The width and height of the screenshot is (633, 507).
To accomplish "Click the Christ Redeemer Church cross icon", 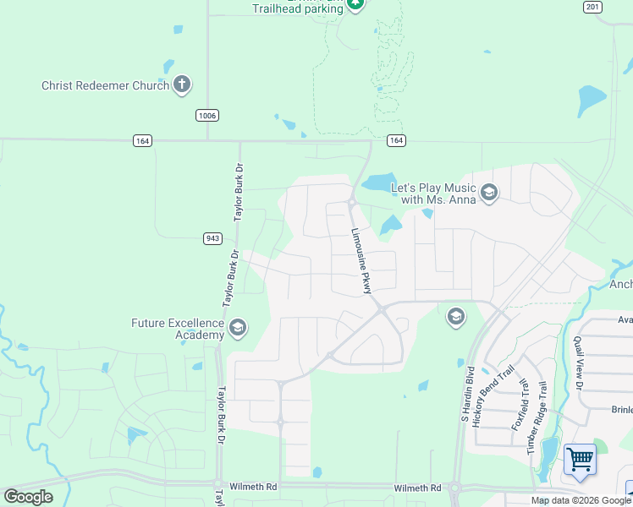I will [x=182, y=84].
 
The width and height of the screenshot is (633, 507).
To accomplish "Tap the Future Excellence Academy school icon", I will [x=238, y=329].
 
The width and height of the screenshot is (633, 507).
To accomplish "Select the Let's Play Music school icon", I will [x=488, y=194].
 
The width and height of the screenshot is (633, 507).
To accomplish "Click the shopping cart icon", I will [x=581, y=461].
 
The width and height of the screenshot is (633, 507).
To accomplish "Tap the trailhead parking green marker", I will [x=356, y=5].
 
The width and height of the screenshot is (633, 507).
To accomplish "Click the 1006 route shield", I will [x=206, y=115].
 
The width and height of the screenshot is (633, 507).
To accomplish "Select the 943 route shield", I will [x=212, y=238].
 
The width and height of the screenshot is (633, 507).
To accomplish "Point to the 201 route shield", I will [x=592, y=7].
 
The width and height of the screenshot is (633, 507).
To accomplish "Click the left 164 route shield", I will [x=142, y=140].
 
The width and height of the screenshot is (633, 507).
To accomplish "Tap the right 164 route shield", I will [x=396, y=140].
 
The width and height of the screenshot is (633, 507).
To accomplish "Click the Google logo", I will [x=28, y=497].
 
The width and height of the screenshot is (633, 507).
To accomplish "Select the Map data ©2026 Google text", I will [x=581, y=500].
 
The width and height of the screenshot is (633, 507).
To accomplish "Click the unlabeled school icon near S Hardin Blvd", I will [x=455, y=317].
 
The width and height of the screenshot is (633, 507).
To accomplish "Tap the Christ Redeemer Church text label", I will [x=106, y=85].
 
